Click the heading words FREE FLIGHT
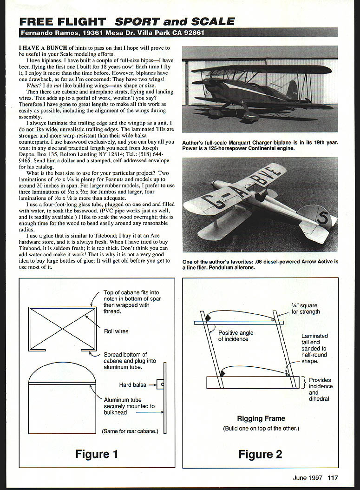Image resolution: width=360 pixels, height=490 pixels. click(62, 21)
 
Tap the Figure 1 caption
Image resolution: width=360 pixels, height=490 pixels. click(97, 454)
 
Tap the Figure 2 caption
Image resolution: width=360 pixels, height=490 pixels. click(260, 454)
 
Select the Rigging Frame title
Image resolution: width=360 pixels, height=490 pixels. click(261, 418)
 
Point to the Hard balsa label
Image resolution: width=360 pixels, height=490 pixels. click(132, 384)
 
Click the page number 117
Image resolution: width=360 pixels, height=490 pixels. click(333, 477)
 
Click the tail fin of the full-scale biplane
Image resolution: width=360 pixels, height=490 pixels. click(292, 90)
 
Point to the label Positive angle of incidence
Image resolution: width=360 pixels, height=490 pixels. click(233, 336)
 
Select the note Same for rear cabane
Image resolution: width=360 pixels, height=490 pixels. click(130, 431)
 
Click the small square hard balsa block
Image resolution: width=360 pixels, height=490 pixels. click(159, 384)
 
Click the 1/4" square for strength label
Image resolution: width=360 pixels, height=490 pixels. click(306, 309)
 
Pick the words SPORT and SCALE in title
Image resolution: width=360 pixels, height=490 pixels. click(175, 21)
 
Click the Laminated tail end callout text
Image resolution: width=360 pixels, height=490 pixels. click(314, 348)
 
